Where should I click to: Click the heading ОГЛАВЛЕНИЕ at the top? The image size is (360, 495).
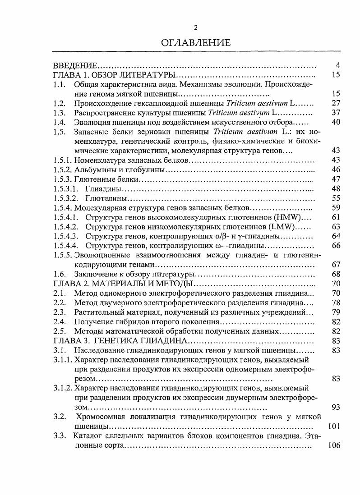196,43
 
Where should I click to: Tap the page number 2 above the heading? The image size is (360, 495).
196,28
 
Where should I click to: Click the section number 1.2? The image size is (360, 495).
59,103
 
